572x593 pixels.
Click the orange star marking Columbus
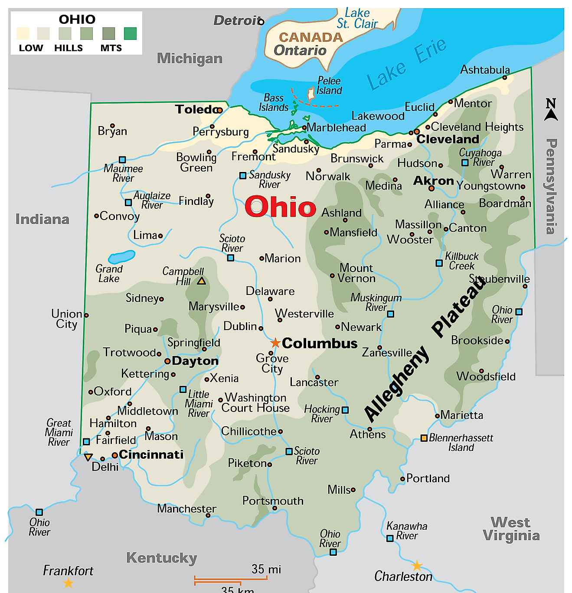click(x=275, y=343)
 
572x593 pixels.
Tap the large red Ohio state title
click(x=281, y=207)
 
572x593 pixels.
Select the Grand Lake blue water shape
click(x=121, y=257)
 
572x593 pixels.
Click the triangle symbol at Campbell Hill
click(x=201, y=281)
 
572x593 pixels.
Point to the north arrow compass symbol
click(x=551, y=110)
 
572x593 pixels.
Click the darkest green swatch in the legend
click(x=130, y=34)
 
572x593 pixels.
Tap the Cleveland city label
click(x=448, y=139)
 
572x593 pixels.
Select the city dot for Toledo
click(x=220, y=110)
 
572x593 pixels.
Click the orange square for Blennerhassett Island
click(x=424, y=438)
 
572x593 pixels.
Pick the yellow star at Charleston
click(x=417, y=565)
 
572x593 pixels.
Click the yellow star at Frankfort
click(x=69, y=583)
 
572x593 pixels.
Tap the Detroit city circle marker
click(x=261, y=22)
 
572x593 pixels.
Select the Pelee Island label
click(x=329, y=86)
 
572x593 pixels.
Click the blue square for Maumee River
click(x=122, y=159)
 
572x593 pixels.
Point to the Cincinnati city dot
click(x=114, y=455)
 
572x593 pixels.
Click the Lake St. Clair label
click(x=357, y=19)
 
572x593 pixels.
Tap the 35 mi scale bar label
click(x=266, y=569)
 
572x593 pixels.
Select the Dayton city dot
click(x=167, y=361)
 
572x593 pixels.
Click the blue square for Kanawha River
click(x=390, y=538)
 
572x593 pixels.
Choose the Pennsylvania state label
click(x=551, y=186)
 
